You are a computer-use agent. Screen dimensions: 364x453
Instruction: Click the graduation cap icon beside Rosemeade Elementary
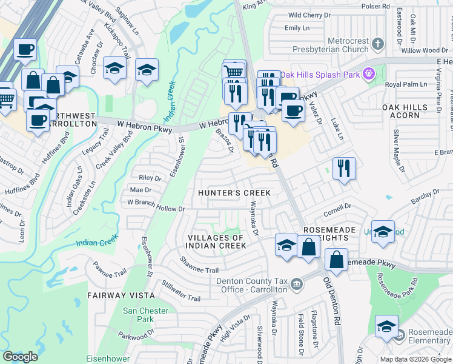386,326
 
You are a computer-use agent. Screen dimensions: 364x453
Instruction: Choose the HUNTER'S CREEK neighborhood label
234,193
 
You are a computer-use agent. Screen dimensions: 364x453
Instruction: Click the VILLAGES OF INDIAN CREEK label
217,241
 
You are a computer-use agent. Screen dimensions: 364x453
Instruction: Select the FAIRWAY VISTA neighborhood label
121,295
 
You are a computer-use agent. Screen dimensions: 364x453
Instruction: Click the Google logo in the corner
20,356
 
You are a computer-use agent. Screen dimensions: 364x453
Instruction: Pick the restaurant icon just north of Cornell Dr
344,168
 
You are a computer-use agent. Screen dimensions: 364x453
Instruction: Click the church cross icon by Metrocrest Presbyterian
377,44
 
